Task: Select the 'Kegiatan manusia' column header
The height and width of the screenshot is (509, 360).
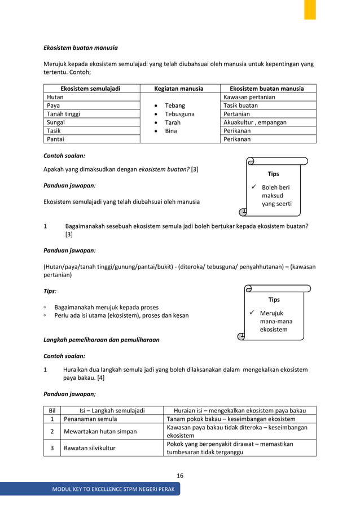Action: pos(179,89)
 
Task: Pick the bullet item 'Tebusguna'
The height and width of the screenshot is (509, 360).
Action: pos(179,114)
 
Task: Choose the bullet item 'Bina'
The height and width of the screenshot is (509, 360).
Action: pos(171,131)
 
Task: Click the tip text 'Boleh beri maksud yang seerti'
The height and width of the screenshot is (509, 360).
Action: pos(276,196)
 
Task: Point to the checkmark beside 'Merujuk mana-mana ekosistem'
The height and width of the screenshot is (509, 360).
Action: pos(253,313)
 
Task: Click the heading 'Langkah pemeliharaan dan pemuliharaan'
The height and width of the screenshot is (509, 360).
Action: pos(102,340)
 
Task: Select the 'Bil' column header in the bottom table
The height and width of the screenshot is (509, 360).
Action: pos(52,410)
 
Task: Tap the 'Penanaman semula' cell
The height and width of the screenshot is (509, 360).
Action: pos(91,419)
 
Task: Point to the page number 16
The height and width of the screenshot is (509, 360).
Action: pos(180,476)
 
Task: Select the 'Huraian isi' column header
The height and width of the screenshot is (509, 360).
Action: pos(239,410)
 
